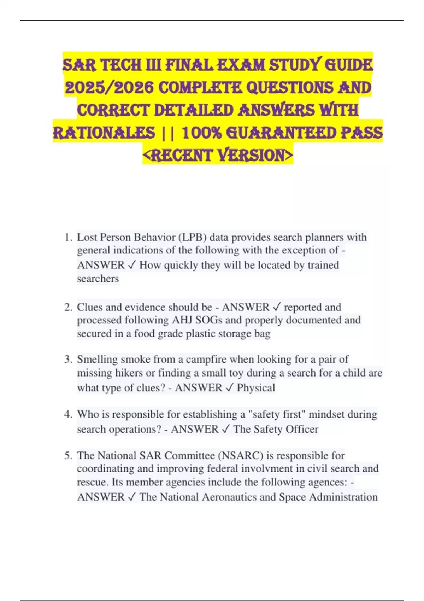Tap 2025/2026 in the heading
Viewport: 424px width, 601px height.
109,88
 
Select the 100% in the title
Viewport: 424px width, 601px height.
201,133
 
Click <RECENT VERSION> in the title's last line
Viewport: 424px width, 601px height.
218,155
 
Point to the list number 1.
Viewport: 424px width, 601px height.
68,237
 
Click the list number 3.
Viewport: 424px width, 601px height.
68,360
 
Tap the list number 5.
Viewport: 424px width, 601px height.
68,456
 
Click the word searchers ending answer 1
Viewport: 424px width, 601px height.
98,279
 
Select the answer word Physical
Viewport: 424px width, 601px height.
256,388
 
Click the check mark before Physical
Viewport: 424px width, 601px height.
229,388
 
